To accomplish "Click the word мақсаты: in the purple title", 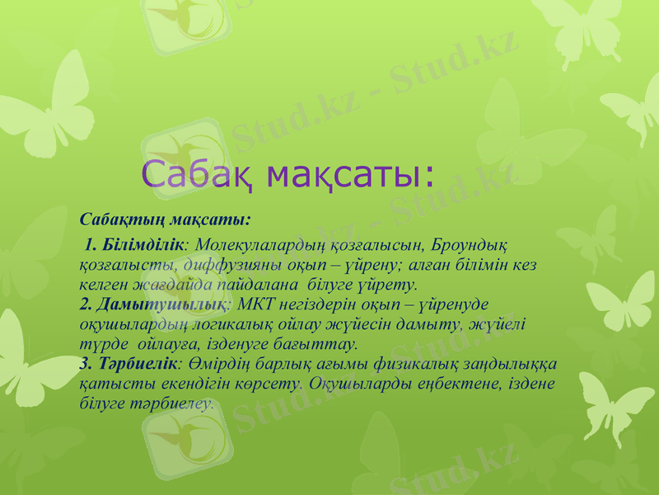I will [x=348, y=174].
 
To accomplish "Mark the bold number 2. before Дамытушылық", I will [x=86, y=304].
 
